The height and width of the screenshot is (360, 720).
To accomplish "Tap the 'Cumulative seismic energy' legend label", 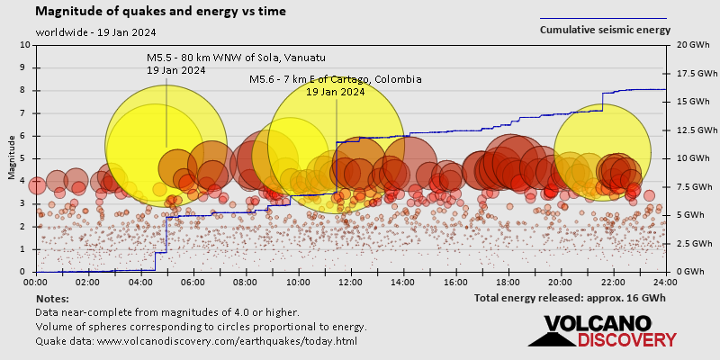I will [605, 30].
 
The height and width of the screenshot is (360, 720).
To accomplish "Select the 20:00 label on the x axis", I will [560, 281].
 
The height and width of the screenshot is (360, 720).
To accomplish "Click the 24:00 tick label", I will [664, 281].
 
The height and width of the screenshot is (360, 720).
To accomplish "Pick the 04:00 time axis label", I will [140, 281].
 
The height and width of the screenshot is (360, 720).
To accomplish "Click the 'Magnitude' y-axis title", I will [11, 157].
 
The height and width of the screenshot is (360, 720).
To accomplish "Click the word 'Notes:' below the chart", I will [52, 298].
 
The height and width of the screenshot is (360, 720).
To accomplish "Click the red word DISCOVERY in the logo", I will [626, 340].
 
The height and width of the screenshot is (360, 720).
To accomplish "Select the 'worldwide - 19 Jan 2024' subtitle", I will [96, 32].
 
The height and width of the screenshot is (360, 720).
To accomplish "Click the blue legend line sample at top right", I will [603, 18].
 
